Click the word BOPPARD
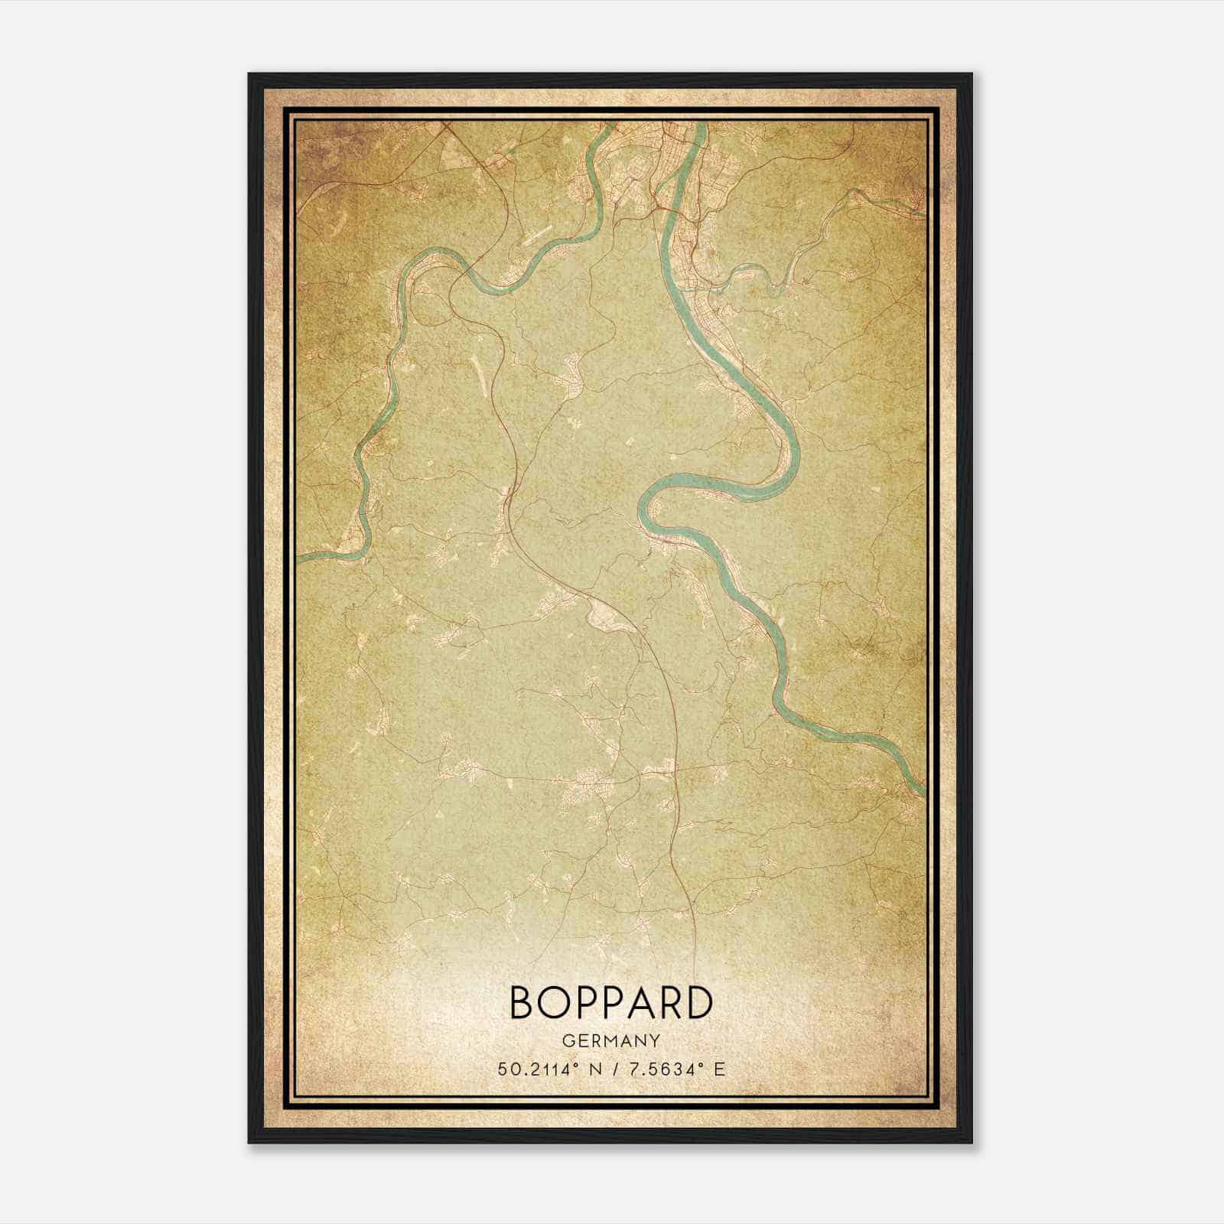610,1004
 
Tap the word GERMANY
610,1040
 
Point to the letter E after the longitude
718,1069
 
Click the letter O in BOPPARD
553,1004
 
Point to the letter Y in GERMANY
654,1040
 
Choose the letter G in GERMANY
567,1040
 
